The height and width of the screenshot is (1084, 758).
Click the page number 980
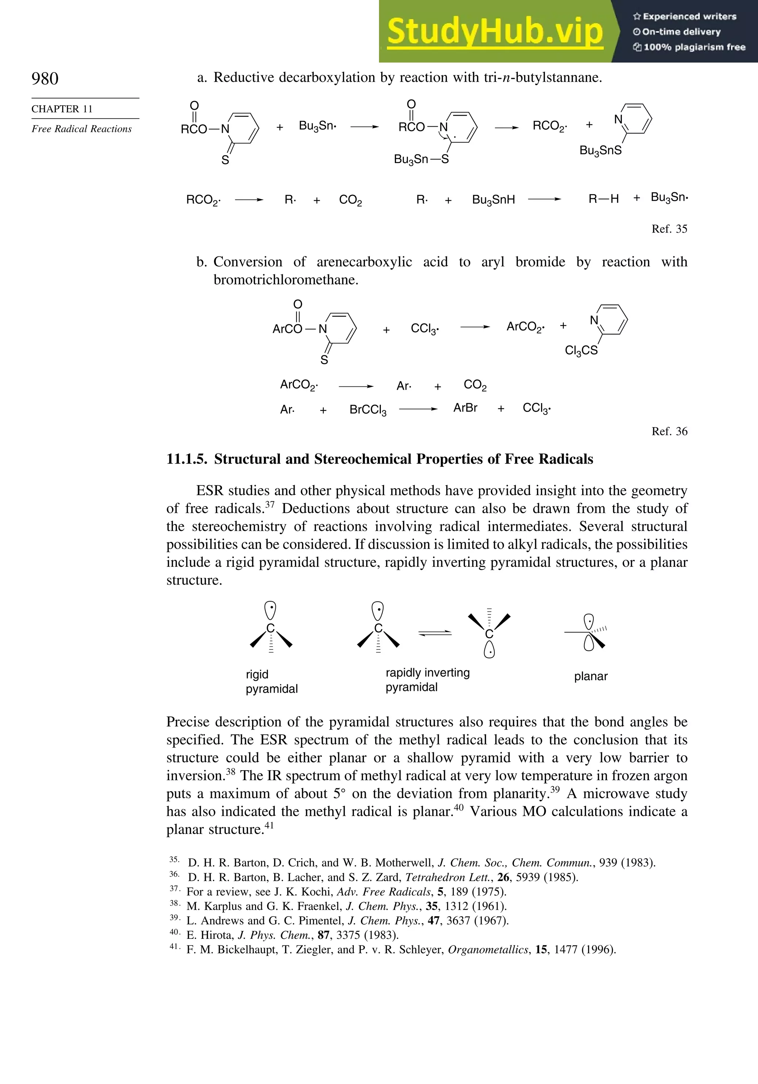[45, 79]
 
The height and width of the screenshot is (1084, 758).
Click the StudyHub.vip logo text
[495, 31]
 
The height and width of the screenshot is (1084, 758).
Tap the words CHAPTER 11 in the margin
[62, 109]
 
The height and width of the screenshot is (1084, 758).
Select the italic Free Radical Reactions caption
[81, 129]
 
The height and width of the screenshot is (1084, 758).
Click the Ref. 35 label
[669, 229]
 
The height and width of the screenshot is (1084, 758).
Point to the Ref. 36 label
[669, 432]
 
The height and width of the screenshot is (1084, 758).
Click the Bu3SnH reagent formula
[493, 200]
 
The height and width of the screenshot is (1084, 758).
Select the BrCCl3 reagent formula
[368, 410]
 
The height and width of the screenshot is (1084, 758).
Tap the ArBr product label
[465, 408]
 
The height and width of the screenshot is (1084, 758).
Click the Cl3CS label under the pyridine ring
[581, 351]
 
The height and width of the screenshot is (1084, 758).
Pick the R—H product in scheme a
[603, 199]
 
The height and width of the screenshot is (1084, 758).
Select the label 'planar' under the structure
[591, 676]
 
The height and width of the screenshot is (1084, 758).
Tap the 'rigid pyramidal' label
[271, 681]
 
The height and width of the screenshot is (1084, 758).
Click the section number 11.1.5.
[187, 459]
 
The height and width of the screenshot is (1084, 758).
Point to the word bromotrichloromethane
[286, 280]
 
